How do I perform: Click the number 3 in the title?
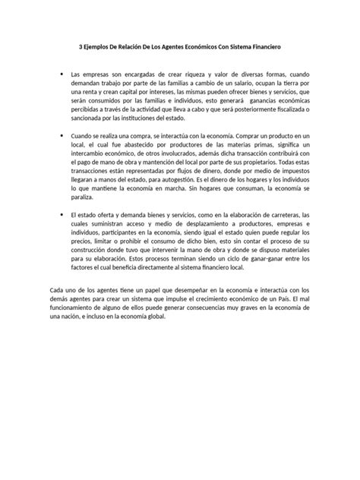pyautogui.click(x=81, y=46)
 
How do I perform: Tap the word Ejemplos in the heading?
pyautogui.click(x=99, y=46)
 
